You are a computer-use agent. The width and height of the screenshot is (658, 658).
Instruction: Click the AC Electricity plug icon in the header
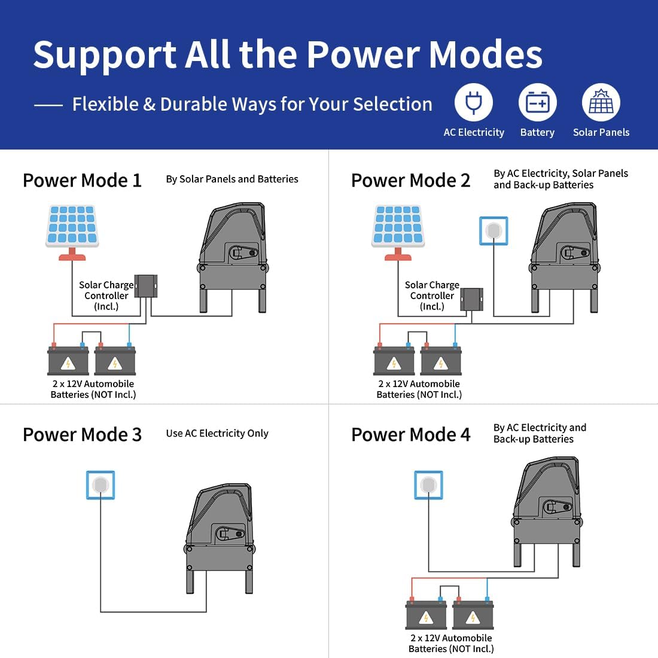click(473, 102)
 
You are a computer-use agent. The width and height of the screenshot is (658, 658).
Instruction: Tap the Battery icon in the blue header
click(538, 102)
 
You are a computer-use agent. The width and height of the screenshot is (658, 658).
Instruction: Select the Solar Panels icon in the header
click(601, 102)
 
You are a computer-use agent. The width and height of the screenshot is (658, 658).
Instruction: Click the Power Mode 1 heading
click(83, 181)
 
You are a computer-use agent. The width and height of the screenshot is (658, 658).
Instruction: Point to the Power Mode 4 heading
click(411, 435)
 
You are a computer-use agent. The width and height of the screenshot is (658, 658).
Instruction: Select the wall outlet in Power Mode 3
click(100, 485)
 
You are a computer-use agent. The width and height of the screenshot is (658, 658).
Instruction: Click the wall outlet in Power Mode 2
click(493, 231)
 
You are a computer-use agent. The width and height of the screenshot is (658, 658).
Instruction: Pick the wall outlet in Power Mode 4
click(428, 485)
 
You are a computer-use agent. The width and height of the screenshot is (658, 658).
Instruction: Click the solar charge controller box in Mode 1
click(146, 286)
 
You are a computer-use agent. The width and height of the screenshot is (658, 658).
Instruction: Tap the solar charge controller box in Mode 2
click(472, 300)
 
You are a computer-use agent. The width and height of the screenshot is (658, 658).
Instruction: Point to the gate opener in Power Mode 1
click(233, 258)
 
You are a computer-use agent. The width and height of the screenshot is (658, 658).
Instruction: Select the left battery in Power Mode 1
click(68, 360)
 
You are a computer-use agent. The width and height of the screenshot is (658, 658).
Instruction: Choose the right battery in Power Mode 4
click(473, 614)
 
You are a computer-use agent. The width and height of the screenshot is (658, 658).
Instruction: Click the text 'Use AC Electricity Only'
click(217, 434)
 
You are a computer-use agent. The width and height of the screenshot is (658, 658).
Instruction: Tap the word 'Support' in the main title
click(105, 56)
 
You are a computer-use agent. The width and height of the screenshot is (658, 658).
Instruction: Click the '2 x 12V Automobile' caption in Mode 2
click(419, 383)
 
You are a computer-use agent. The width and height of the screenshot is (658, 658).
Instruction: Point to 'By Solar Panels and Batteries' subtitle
click(232, 179)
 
